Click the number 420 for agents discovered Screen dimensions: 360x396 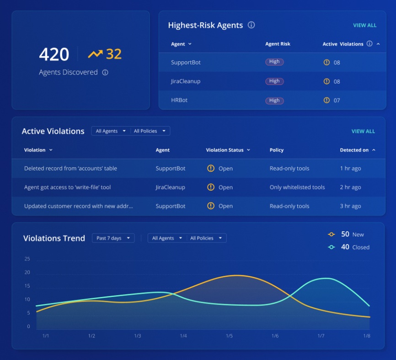(x=54, y=54)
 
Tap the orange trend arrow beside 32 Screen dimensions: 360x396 (x=95, y=54)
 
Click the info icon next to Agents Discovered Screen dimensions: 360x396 (x=105, y=72)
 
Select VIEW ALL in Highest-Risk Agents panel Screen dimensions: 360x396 (x=364, y=26)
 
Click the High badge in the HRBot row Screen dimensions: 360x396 (x=274, y=100)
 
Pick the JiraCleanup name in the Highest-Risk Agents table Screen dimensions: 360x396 (x=186, y=81)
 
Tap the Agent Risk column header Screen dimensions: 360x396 (x=278, y=44)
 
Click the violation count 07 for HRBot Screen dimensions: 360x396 (x=337, y=101)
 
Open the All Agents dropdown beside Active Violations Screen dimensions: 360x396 (x=110, y=131)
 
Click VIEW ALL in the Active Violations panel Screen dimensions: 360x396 (x=363, y=132)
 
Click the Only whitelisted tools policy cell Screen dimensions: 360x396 (x=297, y=187)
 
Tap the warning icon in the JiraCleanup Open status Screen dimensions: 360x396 (x=210, y=187)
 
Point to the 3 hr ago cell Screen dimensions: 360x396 (x=350, y=206)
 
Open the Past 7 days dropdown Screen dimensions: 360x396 (x=113, y=238)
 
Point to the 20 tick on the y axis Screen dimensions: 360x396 (x=27, y=273)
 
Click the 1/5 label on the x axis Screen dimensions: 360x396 (x=229, y=336)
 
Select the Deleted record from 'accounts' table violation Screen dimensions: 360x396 (x=70, y=169)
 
